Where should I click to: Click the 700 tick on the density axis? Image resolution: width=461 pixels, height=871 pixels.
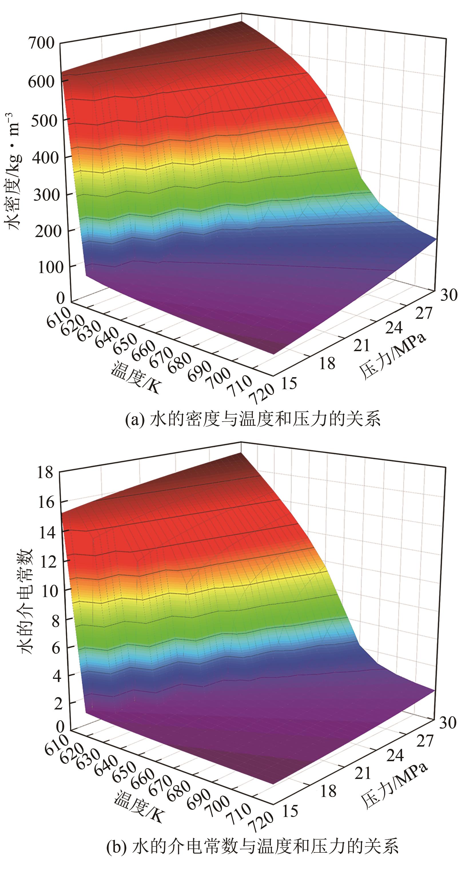pos(41,43)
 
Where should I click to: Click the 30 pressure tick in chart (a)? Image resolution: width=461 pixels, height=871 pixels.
pos(448,295)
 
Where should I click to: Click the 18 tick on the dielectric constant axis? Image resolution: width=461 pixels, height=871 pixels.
pos(45,472)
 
